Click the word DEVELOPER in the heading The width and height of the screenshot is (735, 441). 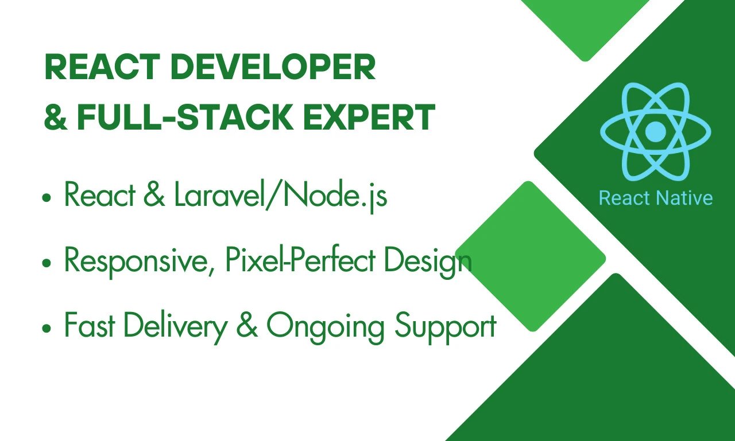coord(273,67)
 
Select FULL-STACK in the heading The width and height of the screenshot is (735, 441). coord(185,118)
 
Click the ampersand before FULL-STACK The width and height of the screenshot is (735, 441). coord(56,118)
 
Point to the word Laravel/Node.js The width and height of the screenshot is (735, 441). coord(281,196)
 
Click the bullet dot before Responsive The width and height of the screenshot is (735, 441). coord(47,263)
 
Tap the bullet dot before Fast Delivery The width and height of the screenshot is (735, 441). coord(47,328)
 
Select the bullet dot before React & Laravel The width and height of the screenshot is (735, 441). coord(47,198)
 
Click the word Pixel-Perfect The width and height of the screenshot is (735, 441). coord(300,260)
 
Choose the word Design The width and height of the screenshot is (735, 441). coord(428,262)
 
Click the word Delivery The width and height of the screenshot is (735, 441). coord(176,327)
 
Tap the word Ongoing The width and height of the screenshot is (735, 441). coord(325,327)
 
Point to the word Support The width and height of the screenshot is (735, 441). coord(446,327)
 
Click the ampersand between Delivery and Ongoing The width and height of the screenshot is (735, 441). coord(247,325)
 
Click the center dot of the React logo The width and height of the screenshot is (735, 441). coord(656,132)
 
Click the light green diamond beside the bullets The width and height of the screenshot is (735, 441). coord(530,256)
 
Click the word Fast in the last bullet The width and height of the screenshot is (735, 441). coord(90,325)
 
